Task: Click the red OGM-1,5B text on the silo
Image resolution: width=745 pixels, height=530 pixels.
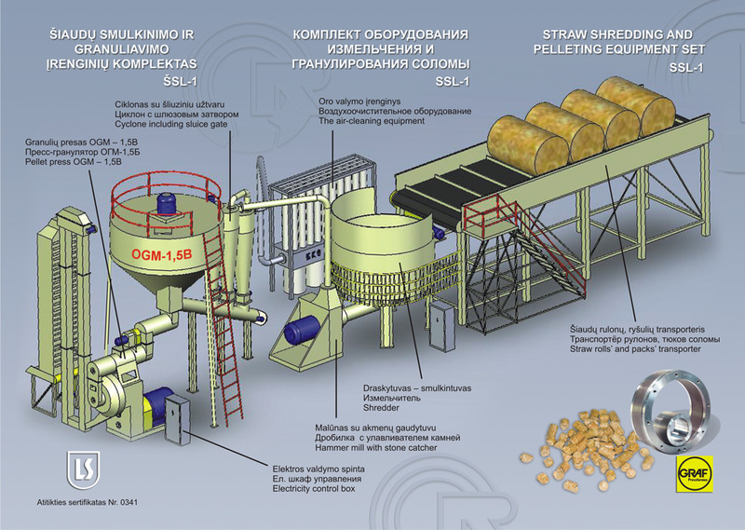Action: [161, 254]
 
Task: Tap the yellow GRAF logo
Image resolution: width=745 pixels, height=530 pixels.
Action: [694, 474]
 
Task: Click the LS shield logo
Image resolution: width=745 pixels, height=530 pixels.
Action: [83, 470]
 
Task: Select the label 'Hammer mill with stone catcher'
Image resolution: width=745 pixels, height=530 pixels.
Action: [376, 448]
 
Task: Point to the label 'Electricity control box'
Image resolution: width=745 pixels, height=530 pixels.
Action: [314, 489]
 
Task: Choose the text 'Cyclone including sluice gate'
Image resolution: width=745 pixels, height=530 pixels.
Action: [171, 124]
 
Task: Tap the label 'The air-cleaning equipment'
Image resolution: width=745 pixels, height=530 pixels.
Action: [372, 121]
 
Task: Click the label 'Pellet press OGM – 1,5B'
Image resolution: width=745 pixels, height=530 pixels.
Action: [74, 162]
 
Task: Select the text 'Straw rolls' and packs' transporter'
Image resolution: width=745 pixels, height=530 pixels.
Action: [635, 349]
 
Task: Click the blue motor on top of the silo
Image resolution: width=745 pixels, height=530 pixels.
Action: [168, 204]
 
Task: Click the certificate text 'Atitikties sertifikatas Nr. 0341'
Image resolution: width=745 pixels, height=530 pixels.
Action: [88, 502]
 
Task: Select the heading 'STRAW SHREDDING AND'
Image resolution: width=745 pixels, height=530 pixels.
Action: [617, 34]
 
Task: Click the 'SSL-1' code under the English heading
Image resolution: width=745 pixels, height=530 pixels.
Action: [686, 68]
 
